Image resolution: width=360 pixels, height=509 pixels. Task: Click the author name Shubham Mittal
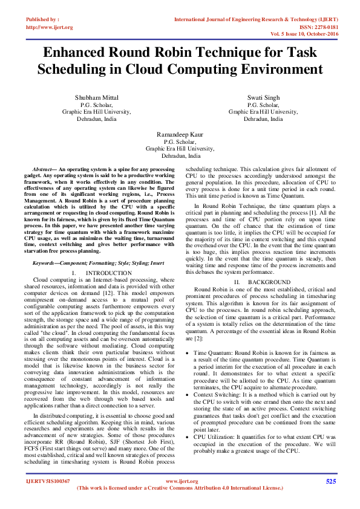point(97,97)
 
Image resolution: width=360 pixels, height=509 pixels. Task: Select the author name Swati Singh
point(263,97)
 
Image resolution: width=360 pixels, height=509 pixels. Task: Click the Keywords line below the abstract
point(98,264)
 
